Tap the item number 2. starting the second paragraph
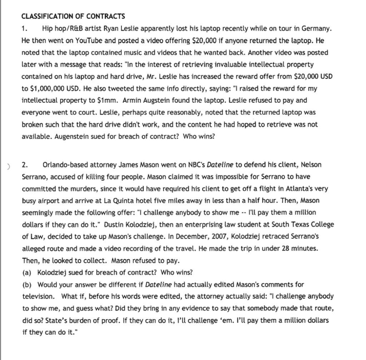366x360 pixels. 25,165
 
